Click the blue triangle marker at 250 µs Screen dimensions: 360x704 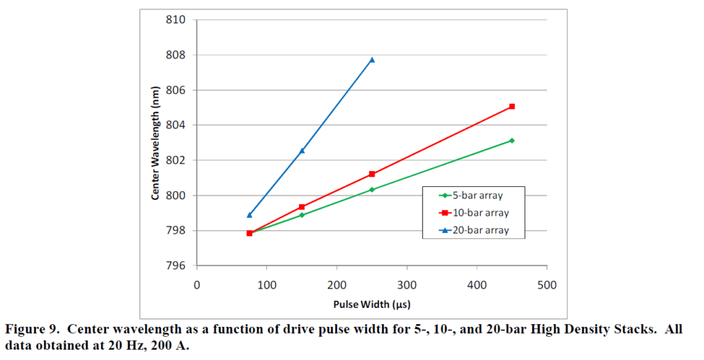pyautogui.click(x=372, y=60)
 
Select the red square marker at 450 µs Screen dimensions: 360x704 pyautogui.click(x=512, y=106)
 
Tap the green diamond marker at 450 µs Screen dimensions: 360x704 pyautogui.click(x=512, y=140)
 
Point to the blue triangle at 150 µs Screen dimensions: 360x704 pyautogui.click(x=302, y=150)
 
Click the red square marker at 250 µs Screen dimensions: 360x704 pyautogui.click(x=372, y=174)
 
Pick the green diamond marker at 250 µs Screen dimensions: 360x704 pyautogui.click(x=372, y=190)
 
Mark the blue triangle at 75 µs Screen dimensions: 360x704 pyautogui.click(x=250, y=215)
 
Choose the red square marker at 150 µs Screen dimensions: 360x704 pyautogui.click(x=302, y=207)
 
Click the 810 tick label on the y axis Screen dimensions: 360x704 pyautogui.click(x=176, y=20)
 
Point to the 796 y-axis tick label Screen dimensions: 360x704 pyautogui.click(x=176, y=266)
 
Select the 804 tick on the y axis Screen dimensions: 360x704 pyautogui.click(x=176, y=125)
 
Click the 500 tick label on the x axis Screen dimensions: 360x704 pyautogui.click(x=547, y=284)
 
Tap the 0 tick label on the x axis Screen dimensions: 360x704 pyautogui.click(x=197, y=284)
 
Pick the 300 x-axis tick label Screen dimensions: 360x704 pyautogui.click(x=407, y=284)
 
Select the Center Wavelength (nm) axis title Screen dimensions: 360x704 pyautogui.click(x=156, y=142)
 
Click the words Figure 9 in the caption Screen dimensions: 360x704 pyautogui.click(x=30, y=329)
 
